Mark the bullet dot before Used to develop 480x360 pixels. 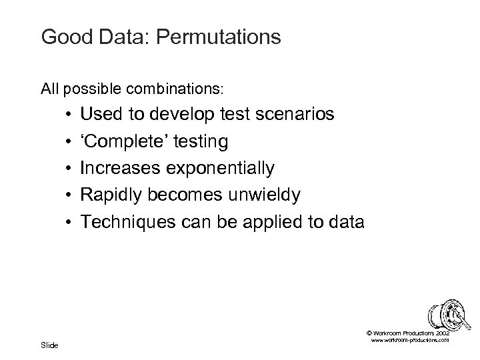(x=69, y=115)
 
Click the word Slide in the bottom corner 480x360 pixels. (x=49, y=345)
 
